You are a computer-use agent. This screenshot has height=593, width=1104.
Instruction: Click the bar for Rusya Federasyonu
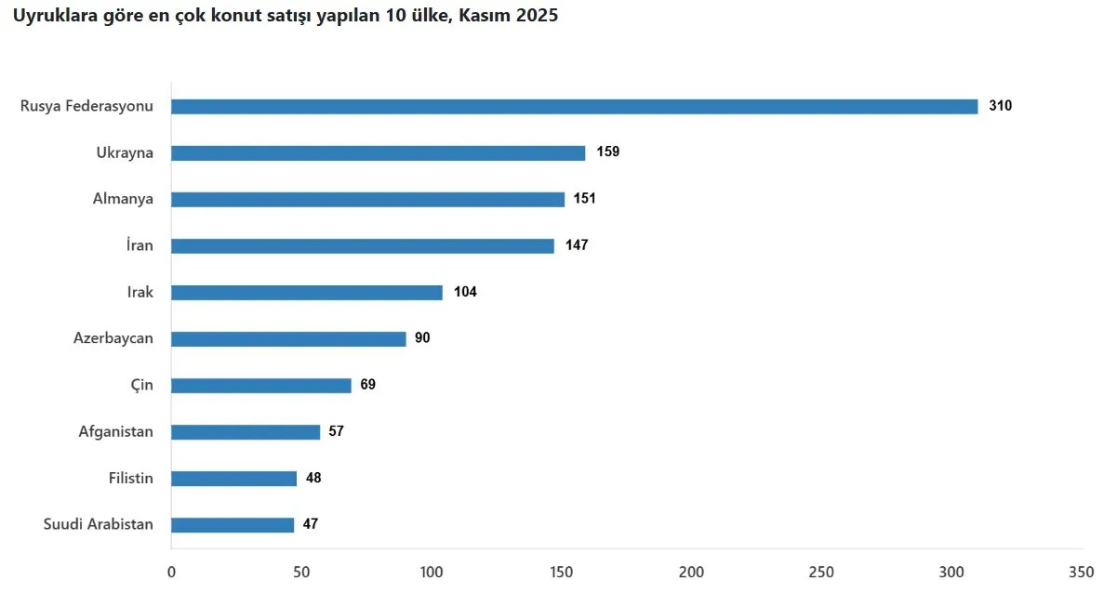tap(574, 107)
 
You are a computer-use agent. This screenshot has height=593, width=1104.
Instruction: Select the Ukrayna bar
tap(378, 153)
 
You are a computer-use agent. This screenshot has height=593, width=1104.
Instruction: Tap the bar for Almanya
tap(367, 200)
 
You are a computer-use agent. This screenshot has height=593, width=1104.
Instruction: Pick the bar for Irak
tap(307, 293)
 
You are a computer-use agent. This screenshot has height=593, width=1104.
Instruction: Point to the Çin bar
tap(261, 386)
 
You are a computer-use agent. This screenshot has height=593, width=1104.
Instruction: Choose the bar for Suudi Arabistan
tap(233, 525)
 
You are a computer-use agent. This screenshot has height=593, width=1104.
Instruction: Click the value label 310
tap(1000, 106)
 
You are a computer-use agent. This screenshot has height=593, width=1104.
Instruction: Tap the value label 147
tap(577, 245)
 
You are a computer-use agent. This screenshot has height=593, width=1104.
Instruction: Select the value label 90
tap(422, 338)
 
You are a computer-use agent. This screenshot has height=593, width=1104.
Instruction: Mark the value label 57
tap(336, 431)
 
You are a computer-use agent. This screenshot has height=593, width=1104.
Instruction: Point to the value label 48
tap(313, 478)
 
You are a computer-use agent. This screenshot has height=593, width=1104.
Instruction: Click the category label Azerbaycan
tap(113, 338)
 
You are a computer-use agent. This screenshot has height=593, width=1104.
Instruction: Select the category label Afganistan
tap(116, 431)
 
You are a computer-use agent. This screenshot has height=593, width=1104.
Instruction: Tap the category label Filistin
tap(131, 478)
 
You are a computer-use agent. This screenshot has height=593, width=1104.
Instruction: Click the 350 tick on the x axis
tap(1082, 571)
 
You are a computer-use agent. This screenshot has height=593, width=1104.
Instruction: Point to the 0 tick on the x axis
tap(171, 571)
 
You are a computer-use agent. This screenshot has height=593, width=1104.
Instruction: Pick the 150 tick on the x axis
tap(562, 571)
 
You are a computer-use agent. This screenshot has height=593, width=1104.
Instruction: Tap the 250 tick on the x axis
tap(821, 571)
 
